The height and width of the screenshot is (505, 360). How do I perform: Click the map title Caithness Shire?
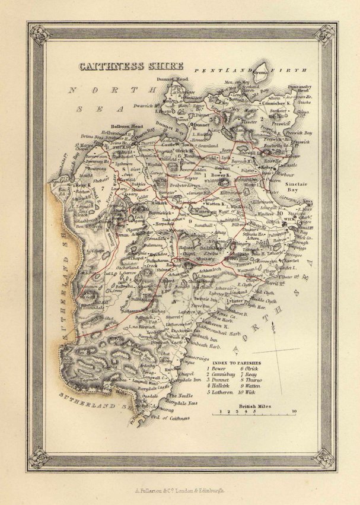click(x=131, y=66)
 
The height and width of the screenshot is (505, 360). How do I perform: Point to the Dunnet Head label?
click(x=173, y=79)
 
